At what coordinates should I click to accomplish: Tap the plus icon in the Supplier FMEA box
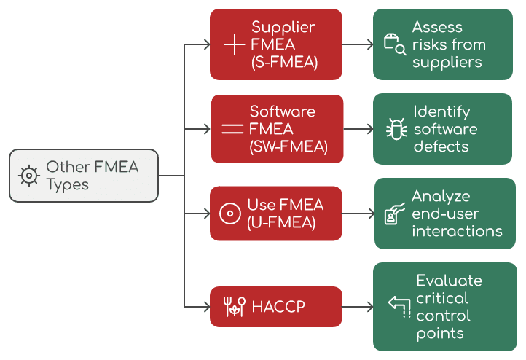pos(234,44)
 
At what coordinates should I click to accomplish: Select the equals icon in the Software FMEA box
pos(232,129)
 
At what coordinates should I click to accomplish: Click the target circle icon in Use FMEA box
pos(230,214)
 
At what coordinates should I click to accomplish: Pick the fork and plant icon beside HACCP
pos(235,307)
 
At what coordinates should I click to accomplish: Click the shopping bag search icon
pos(394,44)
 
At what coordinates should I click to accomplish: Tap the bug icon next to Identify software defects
pos(396,129)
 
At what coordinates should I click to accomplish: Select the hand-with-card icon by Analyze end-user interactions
pos(394,214)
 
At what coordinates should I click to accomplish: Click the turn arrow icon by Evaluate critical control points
pos(399,307)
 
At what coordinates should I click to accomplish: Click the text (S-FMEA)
pos(284,62)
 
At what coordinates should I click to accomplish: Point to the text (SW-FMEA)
pos(288,146)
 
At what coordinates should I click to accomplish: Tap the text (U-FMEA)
pos(281,222)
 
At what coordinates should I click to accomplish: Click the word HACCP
pos(278,307)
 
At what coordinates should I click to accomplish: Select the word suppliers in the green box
pos(447,62)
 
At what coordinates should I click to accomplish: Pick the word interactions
pos(457,231)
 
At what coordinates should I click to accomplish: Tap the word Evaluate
pos(449,281)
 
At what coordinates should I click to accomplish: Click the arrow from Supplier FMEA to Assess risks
pos(357,44)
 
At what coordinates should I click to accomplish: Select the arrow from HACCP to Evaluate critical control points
pos(357,307)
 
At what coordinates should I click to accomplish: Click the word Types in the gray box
pos(67,184)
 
